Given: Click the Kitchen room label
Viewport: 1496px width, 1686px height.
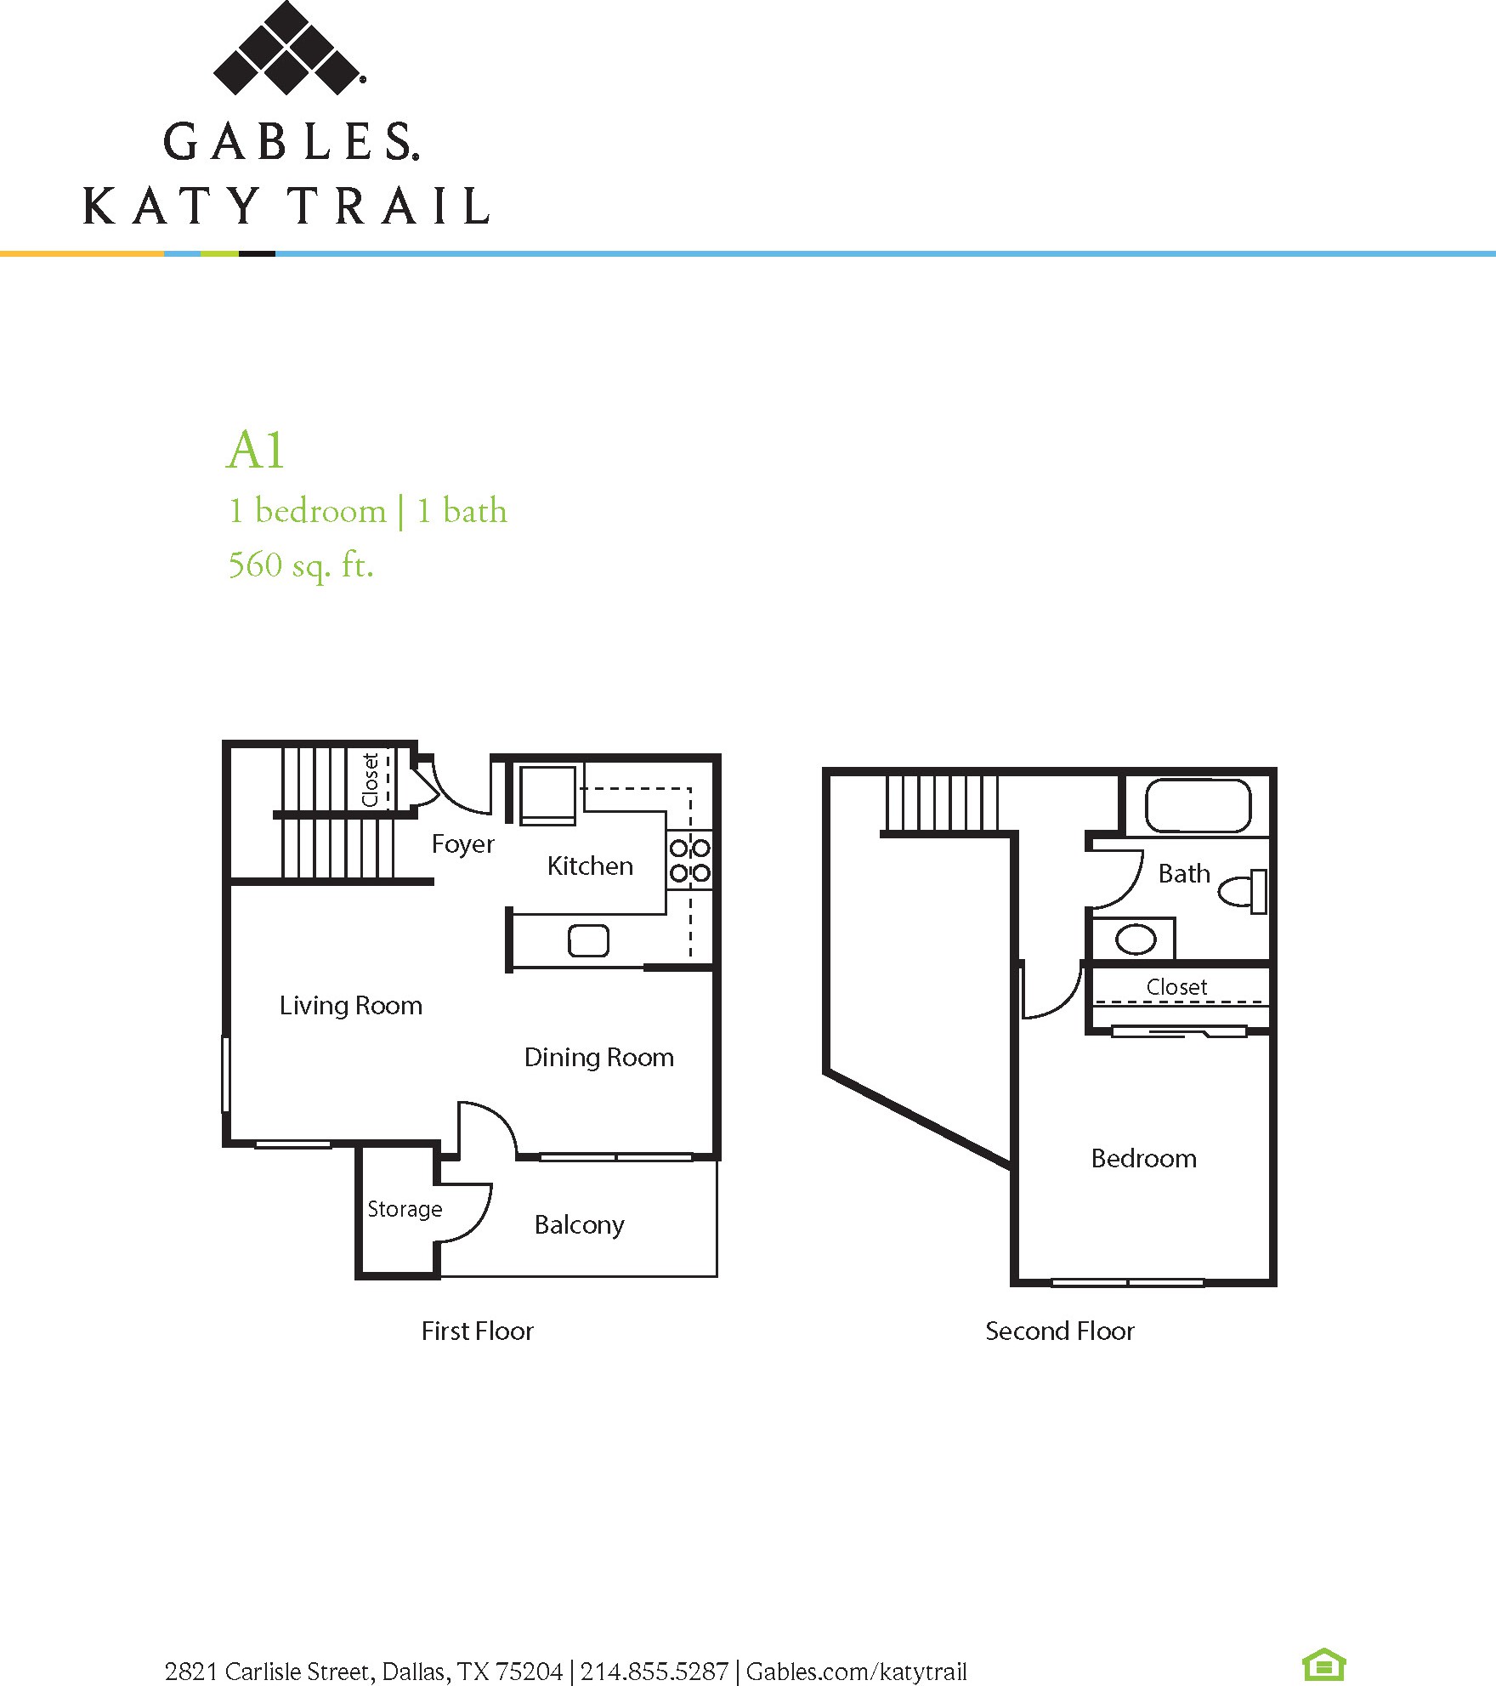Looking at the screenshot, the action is [590, 866].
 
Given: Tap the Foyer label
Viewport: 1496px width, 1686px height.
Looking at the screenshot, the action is [462, 844].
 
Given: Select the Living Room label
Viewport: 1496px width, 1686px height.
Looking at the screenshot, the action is [351, 1005].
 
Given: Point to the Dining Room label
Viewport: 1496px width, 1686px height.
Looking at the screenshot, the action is [599, 1057].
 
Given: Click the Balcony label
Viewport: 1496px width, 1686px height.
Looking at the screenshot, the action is [580, 1224].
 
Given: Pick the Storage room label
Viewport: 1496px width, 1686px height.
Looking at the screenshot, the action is [405, 1209].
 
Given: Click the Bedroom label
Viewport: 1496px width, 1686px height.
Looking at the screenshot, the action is [1144, 1158].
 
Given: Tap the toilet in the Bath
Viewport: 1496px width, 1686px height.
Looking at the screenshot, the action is [1243, 891].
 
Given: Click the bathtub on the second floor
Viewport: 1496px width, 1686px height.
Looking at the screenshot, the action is [1198, 805].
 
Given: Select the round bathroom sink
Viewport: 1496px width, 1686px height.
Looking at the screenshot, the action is [1135, 940].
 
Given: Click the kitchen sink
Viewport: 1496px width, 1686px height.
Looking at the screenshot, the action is [588, 940].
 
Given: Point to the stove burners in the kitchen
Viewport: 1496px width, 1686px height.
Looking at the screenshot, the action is [689, 860].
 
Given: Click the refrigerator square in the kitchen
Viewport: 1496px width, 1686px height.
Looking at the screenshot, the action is [547, 795].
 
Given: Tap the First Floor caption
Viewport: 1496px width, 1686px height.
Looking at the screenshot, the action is [478, 1331].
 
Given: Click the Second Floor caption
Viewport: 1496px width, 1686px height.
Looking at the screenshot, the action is [1060, 1331].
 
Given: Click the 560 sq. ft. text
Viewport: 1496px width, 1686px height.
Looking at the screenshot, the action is [301, 565].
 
